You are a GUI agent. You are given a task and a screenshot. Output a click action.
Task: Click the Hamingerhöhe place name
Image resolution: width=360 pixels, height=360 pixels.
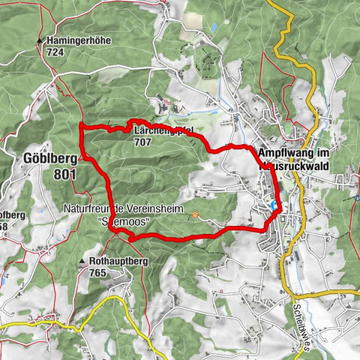click(73, 40)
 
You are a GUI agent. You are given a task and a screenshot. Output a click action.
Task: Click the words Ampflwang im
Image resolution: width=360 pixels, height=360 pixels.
click(288, 152)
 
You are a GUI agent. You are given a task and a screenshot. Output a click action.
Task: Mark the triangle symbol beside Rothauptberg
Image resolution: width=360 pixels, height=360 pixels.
click(82, 262)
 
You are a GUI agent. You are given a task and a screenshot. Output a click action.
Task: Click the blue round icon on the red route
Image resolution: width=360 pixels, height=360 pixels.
click(274, 205)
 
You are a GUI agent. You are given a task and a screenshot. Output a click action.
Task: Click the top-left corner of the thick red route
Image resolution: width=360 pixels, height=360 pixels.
click(81, 124)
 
